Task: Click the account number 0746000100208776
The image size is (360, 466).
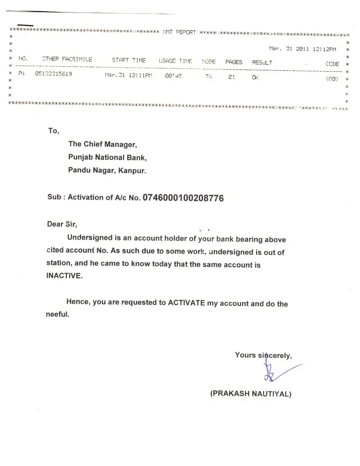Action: pyautogui.click(x=183, y=198)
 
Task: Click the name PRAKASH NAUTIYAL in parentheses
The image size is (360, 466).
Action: pyautogui.click(x=251, y=394)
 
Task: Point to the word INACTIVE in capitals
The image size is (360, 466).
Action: pyautogui.click(x=64, y=275)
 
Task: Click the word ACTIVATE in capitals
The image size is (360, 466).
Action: pyautogui.click(x=186, y=302)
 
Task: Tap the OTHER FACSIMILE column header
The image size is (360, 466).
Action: pyautogui.click(x=67, y=60)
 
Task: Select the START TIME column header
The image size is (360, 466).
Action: pyautogui.click(x=129, y=61)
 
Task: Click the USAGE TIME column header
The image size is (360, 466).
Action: pyautogui.click(x=175, y=61)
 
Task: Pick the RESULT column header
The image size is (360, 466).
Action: pyautogui.click(x=262, y=62)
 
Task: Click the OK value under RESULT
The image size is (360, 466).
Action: pyautogui.click(x=255, y=78)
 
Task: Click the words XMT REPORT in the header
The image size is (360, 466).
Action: pyautogui.click(x=179, y=33)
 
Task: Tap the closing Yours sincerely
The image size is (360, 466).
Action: pyautogui.click(x=263, y=356)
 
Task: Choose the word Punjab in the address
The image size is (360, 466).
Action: pyautogui.click(x=81, y=158)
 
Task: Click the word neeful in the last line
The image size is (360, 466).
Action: pyautogui.click(x=57, y=315)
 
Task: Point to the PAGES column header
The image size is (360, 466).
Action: pyautogui.click(x=234, y=62)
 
